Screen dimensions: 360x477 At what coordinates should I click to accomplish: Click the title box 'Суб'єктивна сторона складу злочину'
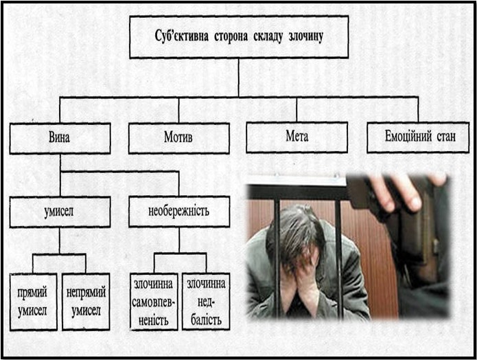tap(238, 37)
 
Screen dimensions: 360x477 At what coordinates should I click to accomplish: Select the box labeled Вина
tap(60, 137)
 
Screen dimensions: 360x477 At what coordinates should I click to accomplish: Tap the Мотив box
tap(178, 137)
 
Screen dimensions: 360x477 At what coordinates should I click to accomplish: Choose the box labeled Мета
tap(296, 137)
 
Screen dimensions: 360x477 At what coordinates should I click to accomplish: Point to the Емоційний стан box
tap(417, 137)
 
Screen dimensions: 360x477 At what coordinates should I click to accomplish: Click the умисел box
tap(60, 212)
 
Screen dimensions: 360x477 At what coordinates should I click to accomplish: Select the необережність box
tap(178, 212)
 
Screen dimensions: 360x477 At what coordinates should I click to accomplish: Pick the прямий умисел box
tap(33, 302)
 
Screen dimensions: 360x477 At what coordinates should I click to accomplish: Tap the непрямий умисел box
tap(85, 302)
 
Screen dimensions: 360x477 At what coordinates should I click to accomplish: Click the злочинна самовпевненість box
tap(154, 302)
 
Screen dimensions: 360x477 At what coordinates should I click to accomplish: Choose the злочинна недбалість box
tap(206, 302)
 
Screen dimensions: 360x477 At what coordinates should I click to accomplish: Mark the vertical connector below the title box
tap(238, 77)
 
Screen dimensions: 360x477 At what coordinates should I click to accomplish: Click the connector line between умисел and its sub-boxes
tap(60, 240)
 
